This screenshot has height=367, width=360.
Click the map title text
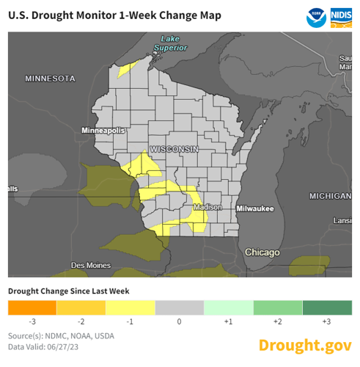pyautogui.click(x=124, y=16)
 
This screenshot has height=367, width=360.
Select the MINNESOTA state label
pyautogui.click(x=50, y=78)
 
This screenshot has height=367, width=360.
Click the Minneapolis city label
pyautogui.click(x=103, y=130)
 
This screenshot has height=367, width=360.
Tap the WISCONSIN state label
pyautogui.click(x=174, y=149)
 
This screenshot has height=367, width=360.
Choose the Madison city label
pyautogui.click(x=207, y=208)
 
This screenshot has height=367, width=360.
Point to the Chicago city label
pyautogui.click(x=262, y=252)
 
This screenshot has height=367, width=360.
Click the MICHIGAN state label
pyautogui.click(x=329, y=197)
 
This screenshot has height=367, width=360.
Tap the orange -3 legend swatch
pyautogui.click(x=32, y=307)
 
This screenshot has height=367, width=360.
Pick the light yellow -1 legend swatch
pyautogui.click(x=130, y=307)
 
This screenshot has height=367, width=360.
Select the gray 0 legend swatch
pyautogui.click(x=179, y=307)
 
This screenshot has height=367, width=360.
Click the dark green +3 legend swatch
pyautogui.click(x=326, y=307)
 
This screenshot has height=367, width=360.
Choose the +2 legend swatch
pyautogui.click(x=277, y=307)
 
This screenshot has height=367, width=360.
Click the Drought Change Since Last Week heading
pyautogui.click(x=68, y=291)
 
